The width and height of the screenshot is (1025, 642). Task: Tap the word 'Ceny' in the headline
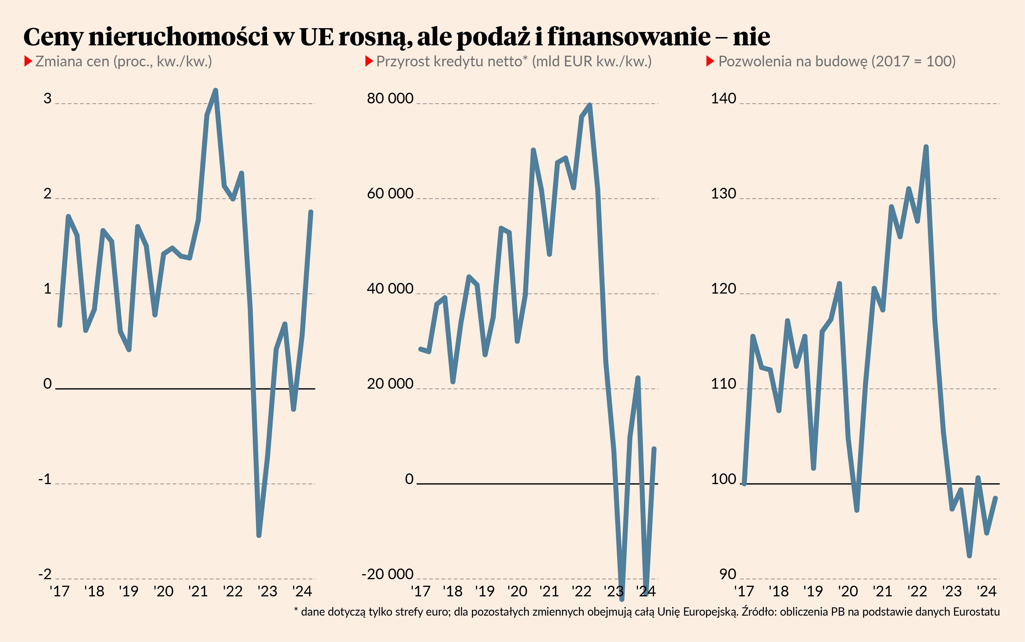tap(53, 37)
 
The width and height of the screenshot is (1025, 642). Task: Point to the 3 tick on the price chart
tap(47, 99)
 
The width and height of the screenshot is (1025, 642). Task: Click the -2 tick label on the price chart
tap(45, 574)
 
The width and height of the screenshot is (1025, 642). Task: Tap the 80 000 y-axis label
tap(390, 99)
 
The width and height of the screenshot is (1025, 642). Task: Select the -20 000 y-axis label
tap(387, 574)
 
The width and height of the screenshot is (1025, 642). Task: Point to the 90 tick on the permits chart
tap(727, 574)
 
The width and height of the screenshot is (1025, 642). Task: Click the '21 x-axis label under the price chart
tap(198, 591)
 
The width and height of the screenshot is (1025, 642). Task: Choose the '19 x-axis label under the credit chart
tap(484, 591)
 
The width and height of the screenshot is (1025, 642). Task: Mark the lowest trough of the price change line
tap(259, 535)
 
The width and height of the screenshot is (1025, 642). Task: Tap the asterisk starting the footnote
tap(296, 611)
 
